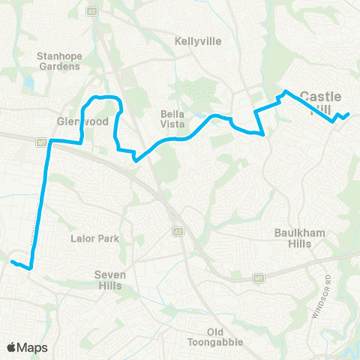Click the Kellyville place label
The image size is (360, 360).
(197, 41)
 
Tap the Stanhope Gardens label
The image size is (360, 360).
(58, 61)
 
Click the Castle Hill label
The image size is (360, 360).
(320, 103)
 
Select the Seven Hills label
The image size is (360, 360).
(109, 280)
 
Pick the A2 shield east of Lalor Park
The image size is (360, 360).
(177, 231)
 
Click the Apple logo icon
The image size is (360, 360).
(13, 347)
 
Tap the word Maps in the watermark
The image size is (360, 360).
(33, 347)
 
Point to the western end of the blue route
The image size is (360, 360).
(12, 261)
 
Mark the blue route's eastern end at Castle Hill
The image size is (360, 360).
(348, 114)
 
